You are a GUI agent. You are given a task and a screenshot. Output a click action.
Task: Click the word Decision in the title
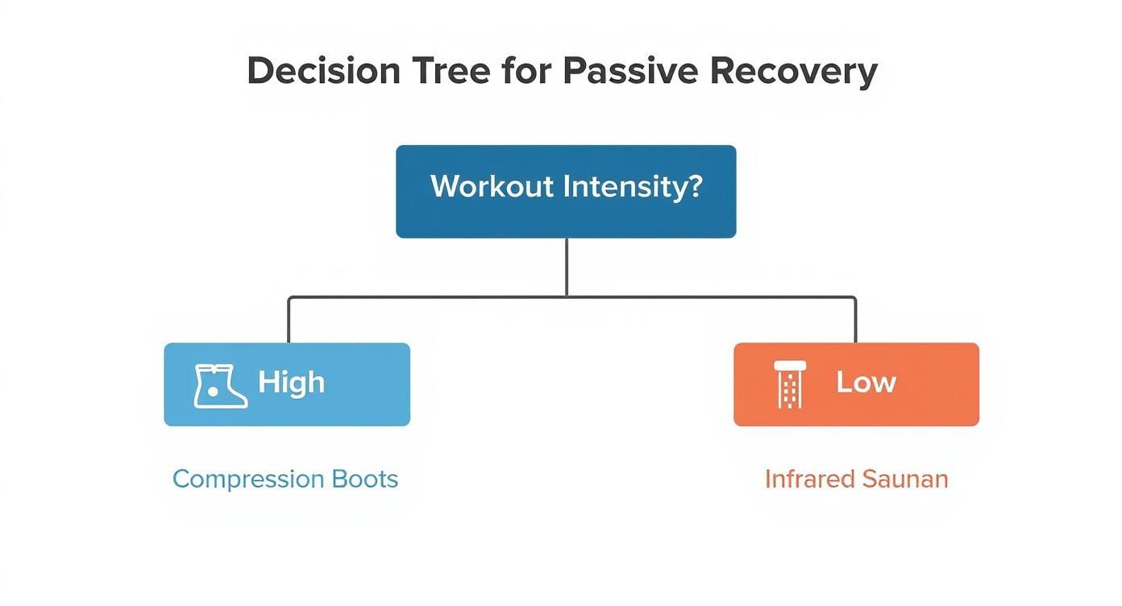323,71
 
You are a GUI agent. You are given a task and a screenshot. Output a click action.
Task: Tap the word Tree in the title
451,71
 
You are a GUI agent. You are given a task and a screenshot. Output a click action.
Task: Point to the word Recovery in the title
793,73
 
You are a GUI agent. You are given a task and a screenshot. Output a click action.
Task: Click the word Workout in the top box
492,187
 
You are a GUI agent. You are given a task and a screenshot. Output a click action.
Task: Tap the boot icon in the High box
219,386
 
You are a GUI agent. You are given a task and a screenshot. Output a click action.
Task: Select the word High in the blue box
291,382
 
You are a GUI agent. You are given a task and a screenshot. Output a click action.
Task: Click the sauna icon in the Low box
790,384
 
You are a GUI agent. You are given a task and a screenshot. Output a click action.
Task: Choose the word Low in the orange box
866,382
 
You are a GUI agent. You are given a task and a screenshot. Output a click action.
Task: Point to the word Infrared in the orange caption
809,479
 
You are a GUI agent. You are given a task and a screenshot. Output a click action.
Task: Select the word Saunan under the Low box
904,479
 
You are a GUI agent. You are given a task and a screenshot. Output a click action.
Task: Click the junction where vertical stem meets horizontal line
567,297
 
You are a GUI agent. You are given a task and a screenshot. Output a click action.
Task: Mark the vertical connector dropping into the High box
289,321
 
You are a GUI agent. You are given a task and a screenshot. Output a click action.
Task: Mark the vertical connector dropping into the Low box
855,321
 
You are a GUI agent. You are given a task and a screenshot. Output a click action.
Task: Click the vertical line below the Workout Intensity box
567,266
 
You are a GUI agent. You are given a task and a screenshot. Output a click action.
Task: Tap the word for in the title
526,71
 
